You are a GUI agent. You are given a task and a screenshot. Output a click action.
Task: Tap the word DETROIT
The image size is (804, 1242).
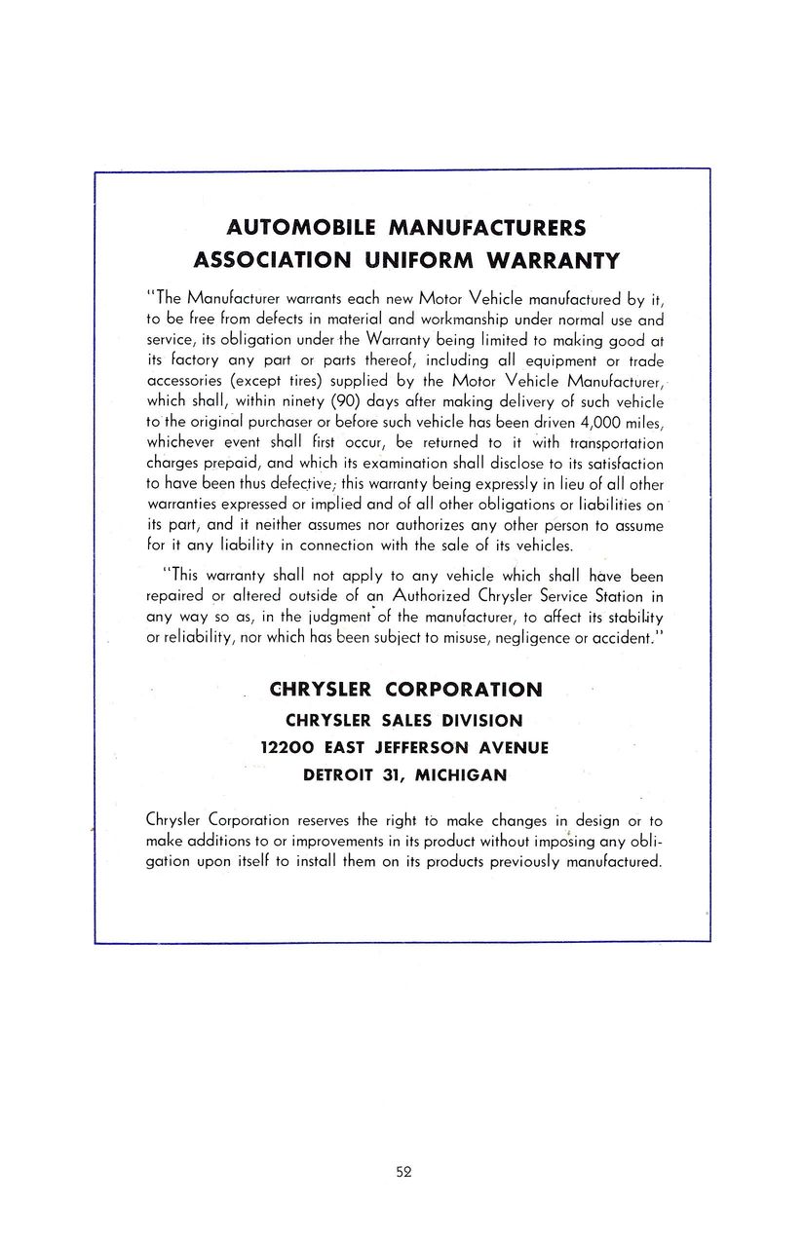(343, 774)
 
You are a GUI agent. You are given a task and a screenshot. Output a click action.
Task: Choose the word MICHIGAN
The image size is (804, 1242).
(461, 774)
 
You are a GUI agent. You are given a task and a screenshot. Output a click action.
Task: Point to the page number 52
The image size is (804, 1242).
(403, 1172)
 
